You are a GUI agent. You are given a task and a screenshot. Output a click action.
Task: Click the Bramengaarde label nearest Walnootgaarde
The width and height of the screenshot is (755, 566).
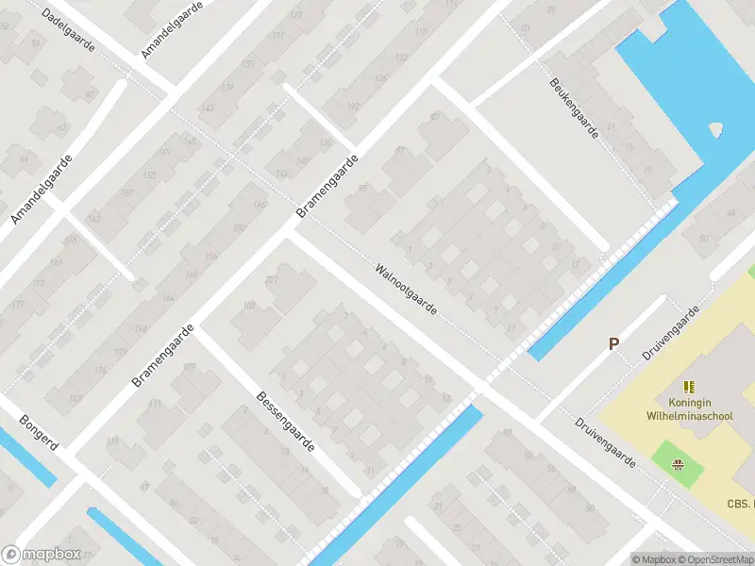pos(328,187)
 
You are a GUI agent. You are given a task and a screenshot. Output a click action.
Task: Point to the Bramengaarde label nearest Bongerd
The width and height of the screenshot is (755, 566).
pos(163,356)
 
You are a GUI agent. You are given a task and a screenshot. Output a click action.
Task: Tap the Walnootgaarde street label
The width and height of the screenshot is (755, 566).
pos(406,289)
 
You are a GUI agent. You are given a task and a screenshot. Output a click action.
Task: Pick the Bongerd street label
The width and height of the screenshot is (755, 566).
pos(38,433)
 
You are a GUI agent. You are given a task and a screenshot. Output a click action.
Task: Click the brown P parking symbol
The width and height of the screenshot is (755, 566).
pos(613,344)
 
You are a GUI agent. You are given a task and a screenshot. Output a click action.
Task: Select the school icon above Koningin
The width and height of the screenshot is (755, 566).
pos(689,386)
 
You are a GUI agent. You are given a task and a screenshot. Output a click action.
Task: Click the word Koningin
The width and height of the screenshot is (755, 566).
pos(689,401)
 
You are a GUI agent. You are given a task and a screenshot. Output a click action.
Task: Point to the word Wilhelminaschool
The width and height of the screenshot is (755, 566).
pos(689,415)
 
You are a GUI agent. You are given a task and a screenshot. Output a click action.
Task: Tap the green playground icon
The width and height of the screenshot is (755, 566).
pos(677,464)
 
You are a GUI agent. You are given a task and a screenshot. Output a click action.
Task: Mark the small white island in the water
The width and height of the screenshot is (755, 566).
pos(715,130)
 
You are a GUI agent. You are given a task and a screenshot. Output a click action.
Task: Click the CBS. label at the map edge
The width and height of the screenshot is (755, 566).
pos(740,505)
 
